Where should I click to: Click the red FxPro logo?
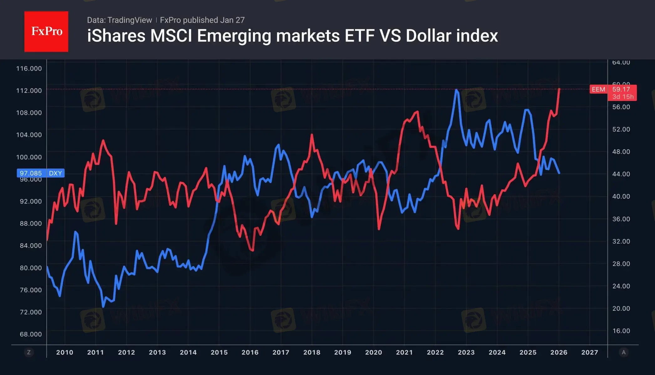pos(46,31)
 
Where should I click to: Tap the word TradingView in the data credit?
pos(129,20)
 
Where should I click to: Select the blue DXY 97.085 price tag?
pos(40,173)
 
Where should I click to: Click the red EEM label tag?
pos(598,89)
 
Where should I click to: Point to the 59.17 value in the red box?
pos(621,89)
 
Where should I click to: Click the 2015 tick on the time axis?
pos(219,352)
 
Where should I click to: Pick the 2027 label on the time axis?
pos(590,352)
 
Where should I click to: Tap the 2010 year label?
pos(64,352)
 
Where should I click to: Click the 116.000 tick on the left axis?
pos(29,68)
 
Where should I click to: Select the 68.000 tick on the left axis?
pos(31,334)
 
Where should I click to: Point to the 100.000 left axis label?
pos(29,157)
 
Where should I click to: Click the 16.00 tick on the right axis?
pos(621,331)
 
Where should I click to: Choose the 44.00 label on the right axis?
pos(621,174)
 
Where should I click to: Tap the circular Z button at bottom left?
pos(29,352)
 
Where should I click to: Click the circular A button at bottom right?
pos(623,352)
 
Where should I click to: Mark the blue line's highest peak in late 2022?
pos(457,90)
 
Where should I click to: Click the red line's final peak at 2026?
pos(559,89)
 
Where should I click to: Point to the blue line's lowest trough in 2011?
pos(103,306)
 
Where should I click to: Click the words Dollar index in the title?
pos(451,36)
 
